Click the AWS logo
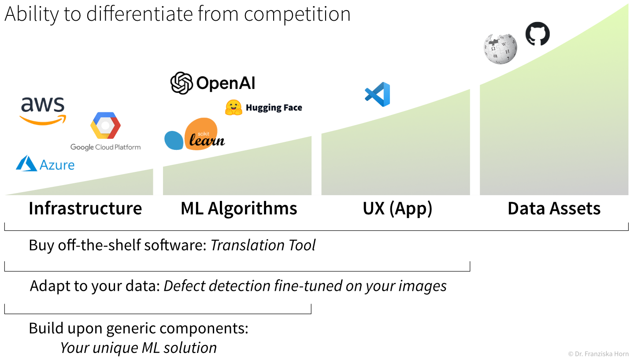(x=43, y=111)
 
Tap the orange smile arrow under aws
(x=43, y=120)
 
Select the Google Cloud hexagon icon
(x=105, y=126)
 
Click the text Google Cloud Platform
(x=105, y=147)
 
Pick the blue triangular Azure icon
(x=26, y=163)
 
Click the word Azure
(x=57, y=165)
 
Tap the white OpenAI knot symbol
(x=182, y=83)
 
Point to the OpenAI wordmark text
(x=223, y=83)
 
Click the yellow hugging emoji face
(x=234, y=108)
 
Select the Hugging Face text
(x=274, y=108)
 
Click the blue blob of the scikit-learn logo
(x=174, y=140)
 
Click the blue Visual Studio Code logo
(x=378, y=94)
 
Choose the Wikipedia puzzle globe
(x=500, y=48)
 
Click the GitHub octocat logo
(x=538, y=33)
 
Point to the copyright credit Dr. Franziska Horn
(x=598, y=354)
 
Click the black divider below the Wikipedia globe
(x=475, y=141)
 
